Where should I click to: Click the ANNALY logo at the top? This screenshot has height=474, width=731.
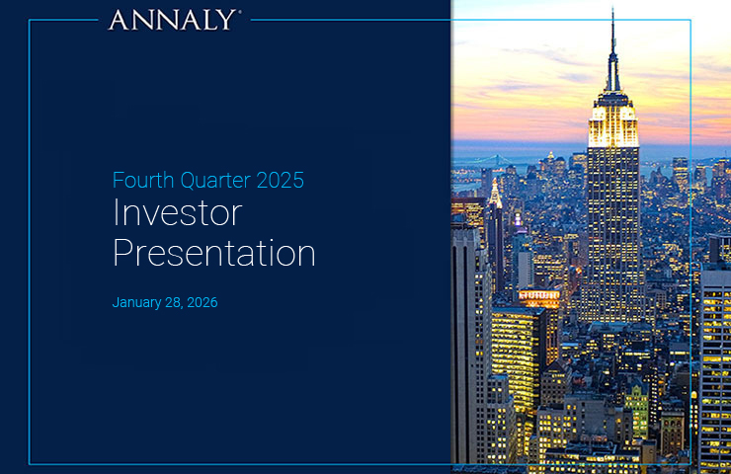click(171, 20)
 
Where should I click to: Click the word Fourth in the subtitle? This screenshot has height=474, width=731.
click(139, 181)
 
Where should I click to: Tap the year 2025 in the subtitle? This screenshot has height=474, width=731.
click(280, 181)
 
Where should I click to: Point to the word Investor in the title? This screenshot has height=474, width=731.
click(177, 214)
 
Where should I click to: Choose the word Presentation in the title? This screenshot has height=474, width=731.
click(214, 253)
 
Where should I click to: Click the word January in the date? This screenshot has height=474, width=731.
click(139, 303)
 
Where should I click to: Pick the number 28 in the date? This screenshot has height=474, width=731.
click(178, 303)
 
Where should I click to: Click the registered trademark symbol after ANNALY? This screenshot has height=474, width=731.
click(238, 13)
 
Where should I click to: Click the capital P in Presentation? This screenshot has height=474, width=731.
click(123, 253)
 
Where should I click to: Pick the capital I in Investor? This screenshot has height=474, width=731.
click(117, 214)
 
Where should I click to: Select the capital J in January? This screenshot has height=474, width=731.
click(116, 303)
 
